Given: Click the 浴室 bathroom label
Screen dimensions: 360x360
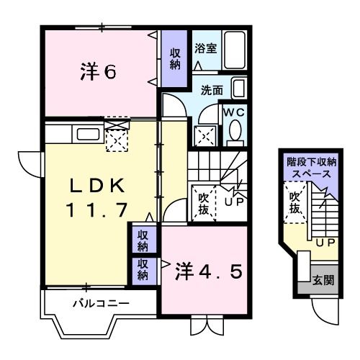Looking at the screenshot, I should tap(206, 49).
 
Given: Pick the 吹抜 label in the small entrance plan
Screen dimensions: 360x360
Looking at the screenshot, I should tap(294, 202).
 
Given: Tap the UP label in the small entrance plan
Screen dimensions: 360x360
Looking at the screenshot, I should tap(324, 242).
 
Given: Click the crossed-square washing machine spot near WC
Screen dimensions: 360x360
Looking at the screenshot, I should tap(206, 135).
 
